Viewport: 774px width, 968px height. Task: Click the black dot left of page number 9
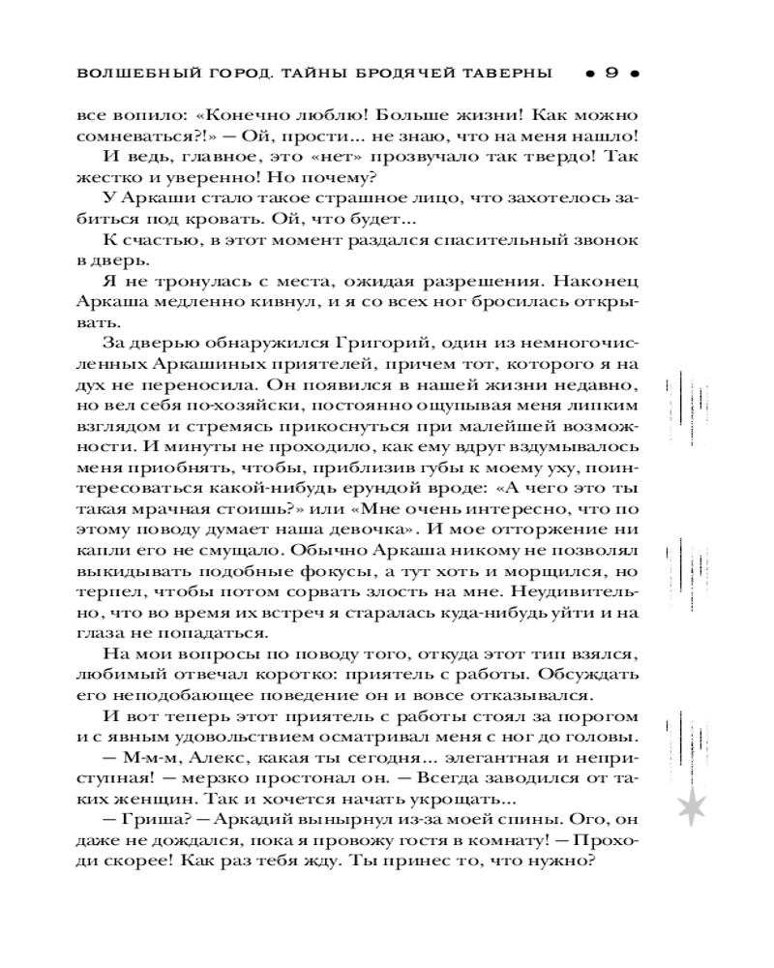[x=588, y=74]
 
